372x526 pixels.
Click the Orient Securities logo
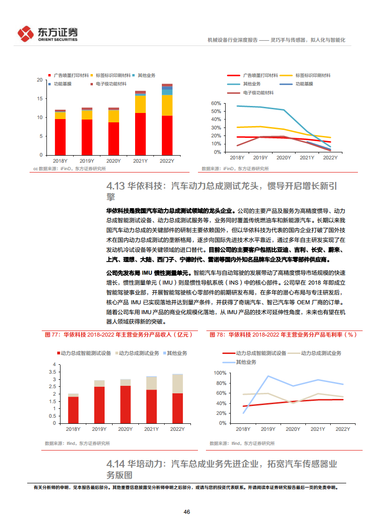[x=47, y=34]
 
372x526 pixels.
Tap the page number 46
[x=186, y=511]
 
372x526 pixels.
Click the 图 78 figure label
[x=216, y=335]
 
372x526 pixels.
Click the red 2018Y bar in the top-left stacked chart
[x=60, y=137]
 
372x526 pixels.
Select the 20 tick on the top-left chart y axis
[x=40, y=80]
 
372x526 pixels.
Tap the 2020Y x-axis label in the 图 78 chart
[x=293, y=429]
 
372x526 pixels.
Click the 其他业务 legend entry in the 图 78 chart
[x=246, y=362]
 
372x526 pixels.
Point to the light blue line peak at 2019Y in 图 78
[x=268, y=376]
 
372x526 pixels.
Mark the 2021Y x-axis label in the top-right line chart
[x=307, y=158]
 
